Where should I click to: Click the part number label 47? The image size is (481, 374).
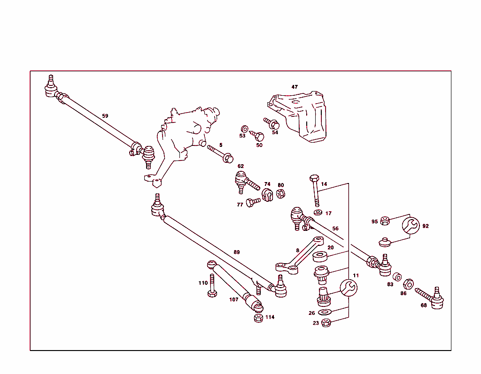point(295,87)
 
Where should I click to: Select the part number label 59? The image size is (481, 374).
point(105,115)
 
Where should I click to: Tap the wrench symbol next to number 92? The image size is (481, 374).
point(411,226)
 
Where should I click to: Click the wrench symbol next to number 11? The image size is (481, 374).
point(349,287)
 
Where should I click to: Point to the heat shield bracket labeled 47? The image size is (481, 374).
point(303,117)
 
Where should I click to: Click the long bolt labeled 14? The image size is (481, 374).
point(315,190)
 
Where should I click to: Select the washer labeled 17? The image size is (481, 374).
point(318,213)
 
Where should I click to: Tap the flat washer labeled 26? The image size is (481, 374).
point(325,313)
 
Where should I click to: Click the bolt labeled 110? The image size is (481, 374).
point(212,286)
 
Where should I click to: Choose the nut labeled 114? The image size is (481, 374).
point(258,318)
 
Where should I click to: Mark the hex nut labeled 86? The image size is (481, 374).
point(408,284)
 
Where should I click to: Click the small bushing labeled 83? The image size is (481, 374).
point(397,276)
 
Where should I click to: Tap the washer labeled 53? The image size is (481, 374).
point(244,129)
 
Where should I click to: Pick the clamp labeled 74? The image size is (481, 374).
point(268,194)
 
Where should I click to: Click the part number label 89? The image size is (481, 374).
point(237,252)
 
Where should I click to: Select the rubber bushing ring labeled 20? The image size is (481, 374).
point(320,257)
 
